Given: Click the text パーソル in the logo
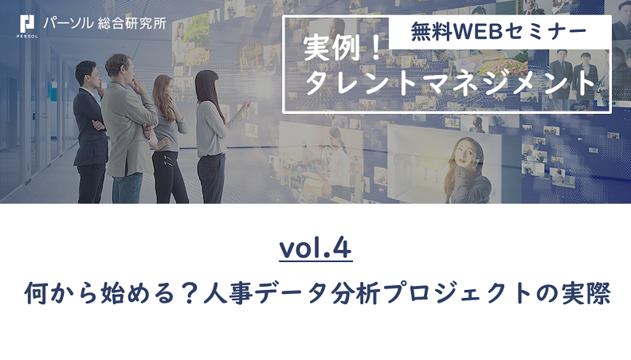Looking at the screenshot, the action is [69, 23].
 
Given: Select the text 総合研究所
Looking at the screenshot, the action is [132, 23].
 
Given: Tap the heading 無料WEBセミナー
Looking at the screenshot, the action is [498, 32].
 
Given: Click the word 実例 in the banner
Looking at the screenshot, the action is [331, 49].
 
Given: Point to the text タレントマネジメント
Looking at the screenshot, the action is [450, 83].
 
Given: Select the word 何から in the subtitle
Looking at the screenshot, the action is [61, 293].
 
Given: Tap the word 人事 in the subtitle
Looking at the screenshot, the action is [229, 293].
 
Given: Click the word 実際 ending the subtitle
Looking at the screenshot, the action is [586, 293].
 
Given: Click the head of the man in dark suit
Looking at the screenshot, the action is [88, 74].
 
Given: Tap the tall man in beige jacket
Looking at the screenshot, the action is [127, 129].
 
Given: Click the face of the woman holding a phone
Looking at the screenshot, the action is [466, 154].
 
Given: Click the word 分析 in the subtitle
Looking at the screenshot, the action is [356, 293].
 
